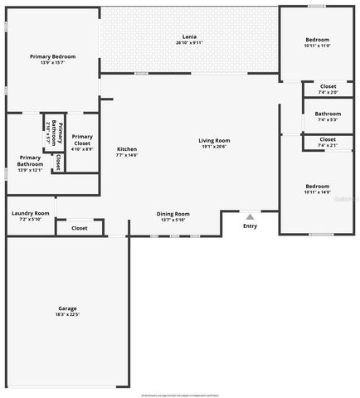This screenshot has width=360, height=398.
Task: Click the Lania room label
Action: click(x=189, y=37)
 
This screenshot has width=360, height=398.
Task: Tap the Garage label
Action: click(x=67, y=308)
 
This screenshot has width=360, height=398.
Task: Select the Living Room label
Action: click(x=213, y=140)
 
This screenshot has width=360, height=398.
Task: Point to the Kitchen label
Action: click(x=126, y=149)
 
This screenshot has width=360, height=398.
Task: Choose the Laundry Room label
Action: click(x=31, y=213)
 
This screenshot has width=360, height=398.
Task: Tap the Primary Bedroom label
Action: click(x=52, y=56)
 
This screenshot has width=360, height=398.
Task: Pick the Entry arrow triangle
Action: click(x=250, y=216)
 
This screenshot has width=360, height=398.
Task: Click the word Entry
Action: click(x=250, y=226)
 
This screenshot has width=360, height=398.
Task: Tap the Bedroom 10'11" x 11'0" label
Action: click(x=317, y=40)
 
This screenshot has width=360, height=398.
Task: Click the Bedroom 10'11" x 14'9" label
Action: click(x=317, y=186)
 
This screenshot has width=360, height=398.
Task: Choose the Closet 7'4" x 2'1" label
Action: click(x=328, y=139)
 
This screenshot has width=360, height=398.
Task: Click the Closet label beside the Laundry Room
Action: click(x=80, y=227)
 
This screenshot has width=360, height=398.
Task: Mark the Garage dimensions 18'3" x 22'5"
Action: click(x=67, y=313)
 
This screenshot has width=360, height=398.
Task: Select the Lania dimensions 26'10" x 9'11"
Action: click(x=189, y=42)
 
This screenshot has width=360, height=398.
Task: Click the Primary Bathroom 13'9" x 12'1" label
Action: click(x=30, y=163)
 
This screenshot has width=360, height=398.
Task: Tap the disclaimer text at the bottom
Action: click(x=179, y=395)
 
